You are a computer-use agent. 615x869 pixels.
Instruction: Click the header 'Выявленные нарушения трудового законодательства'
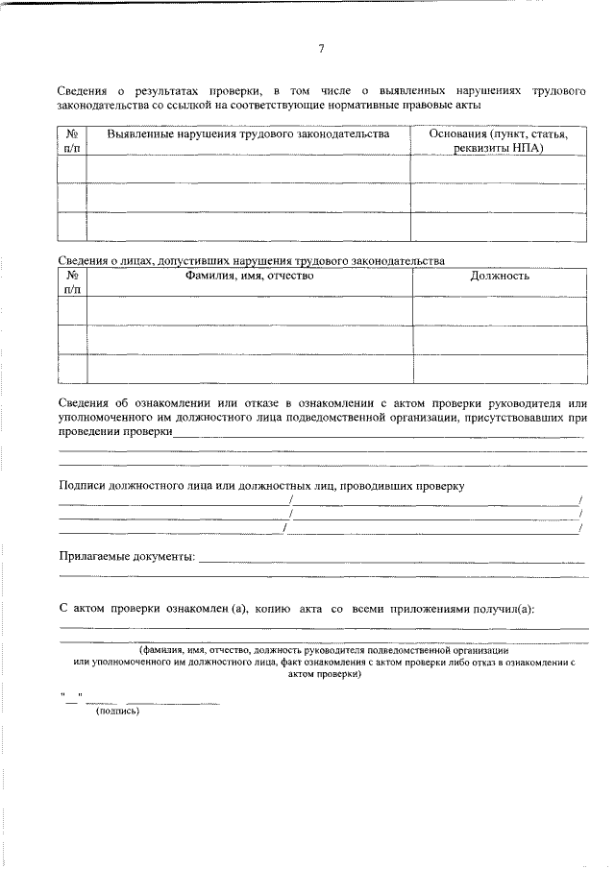tap(248, 135)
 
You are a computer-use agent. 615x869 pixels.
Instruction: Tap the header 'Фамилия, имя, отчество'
tap(249, 277)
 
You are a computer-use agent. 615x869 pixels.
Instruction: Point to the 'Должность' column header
tap(499, 277)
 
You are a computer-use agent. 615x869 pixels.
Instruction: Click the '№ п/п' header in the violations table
tap(72, 142)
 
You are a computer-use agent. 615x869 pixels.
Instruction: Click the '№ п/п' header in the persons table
tap(72, 282)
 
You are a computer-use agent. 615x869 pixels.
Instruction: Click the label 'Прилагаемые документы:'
tap(126, 557)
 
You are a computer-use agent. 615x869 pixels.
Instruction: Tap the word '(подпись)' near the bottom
tap(118, 712)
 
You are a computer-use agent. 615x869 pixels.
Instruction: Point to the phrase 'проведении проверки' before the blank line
tap(115, 432)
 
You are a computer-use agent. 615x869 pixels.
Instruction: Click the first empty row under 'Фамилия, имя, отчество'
tap(249, 311)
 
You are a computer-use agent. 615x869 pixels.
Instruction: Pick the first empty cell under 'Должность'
tap(499, 311)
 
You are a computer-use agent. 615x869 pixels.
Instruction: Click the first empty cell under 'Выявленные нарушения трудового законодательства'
tap(248, 170)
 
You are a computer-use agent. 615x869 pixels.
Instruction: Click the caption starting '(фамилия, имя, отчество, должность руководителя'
tap(322, 650)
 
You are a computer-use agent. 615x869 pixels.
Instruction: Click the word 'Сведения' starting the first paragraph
tap(83, 89)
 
